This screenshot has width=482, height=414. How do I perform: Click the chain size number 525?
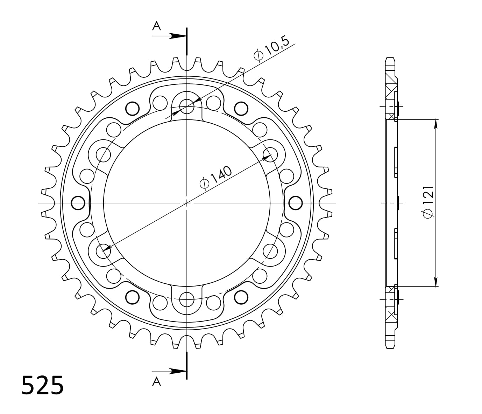[42, 385]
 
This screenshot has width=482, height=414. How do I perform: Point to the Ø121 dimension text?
[429, 202]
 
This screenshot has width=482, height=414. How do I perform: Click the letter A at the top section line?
[156, 26]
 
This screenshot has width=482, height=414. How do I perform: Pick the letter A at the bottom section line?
[156, 381]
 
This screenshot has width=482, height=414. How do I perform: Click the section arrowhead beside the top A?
[178, 36]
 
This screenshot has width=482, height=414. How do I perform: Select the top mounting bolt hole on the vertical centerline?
[187, 106]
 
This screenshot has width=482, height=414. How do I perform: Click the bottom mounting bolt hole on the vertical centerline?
[187, 299]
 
